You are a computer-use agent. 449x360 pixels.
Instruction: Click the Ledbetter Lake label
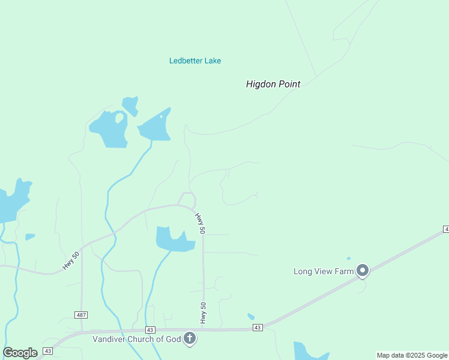(195, 61)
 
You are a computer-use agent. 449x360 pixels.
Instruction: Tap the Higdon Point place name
(273, 85)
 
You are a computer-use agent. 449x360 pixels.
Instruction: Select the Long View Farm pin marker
(363, 271)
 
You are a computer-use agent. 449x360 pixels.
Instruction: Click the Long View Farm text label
(324, 271)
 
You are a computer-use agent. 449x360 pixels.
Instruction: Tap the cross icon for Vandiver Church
(190, 339)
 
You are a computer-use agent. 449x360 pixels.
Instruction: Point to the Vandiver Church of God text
(136, 339)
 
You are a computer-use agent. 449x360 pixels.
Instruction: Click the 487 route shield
(81, 315)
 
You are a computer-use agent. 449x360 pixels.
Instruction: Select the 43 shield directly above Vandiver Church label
(150, 330)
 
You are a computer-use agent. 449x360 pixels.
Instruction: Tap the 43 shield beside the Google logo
(48, 351)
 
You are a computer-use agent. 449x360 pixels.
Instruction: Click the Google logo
(20, 353)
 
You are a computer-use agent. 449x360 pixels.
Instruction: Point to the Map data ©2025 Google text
(412, 355)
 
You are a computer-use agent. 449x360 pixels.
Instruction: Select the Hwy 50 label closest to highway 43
(203, 313)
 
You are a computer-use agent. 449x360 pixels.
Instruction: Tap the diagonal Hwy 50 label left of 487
(71, 260)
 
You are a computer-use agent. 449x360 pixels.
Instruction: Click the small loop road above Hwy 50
(188, 199)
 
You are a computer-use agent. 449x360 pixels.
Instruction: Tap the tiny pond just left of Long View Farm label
(348, 259)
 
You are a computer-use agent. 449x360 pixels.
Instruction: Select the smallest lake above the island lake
(130, 105)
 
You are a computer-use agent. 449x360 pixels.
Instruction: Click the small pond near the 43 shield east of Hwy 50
(251, 317)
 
